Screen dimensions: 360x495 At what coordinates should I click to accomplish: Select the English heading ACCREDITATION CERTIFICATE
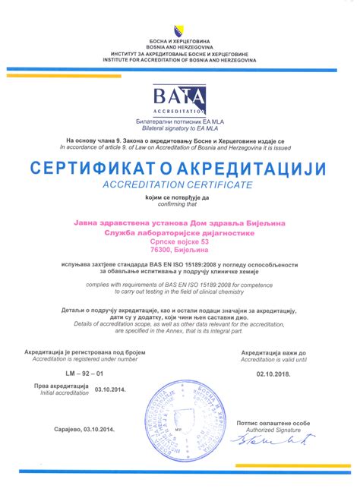tap(180, 185)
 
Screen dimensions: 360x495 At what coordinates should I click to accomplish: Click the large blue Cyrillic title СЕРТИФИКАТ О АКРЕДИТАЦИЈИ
tap(180, 167)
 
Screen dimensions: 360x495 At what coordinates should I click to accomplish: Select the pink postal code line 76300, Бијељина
tap(180, 249)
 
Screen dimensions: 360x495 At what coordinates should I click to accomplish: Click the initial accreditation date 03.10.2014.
tap(110, 389)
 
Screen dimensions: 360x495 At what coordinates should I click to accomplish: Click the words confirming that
tap(180, 203)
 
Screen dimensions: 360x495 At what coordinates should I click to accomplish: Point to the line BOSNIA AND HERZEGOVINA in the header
tap(180, 47)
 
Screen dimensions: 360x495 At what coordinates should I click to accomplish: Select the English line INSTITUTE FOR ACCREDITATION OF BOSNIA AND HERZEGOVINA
tap(180, 60)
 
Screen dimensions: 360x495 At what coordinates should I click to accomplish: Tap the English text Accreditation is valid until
tap(273, 359)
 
